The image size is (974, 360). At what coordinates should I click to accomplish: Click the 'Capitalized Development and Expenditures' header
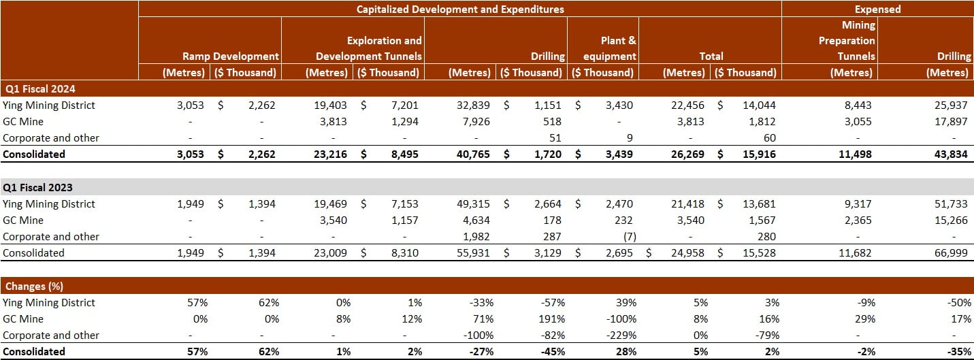pos(459,9)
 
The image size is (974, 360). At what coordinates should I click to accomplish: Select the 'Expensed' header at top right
pos(877,9)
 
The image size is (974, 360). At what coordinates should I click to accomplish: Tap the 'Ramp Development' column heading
pos(231,56)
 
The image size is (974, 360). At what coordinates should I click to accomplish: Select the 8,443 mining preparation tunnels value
pos(857,105)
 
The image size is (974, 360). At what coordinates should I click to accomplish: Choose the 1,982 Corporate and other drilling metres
pos(476,236)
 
